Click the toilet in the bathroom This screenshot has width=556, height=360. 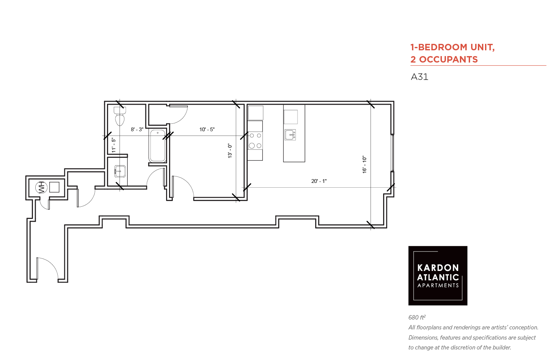(x=120, y=116)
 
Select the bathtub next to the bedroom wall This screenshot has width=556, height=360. (x=158, y=146)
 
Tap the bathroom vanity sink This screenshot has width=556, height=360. (x=120, y=171)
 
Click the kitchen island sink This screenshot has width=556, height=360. (x=290, y=135)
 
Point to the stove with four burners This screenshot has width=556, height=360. (x=255, y=141)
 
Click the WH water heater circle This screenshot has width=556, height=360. (x=41, y=188)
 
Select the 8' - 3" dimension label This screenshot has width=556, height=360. (x=137, y=130)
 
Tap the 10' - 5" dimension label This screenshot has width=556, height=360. (x=207, y=130)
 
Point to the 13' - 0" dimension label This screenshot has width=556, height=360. (x=230, y=151)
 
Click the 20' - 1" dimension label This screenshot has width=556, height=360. (x=319, y=181)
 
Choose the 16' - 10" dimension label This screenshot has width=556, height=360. (x=364, y=165)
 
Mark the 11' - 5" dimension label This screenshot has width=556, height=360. (x=114, y=145)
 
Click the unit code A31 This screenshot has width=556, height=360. (x=419, y=77)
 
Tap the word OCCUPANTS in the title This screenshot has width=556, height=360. (x=448, y=59)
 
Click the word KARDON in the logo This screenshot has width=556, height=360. (x=438, y=268)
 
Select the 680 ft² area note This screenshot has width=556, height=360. (x=417, y=317)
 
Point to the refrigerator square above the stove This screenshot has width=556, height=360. (x=255, y=113)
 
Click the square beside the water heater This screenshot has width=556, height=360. (x=54, y=187)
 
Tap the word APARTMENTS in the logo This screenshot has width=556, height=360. (x=438, y=285)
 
